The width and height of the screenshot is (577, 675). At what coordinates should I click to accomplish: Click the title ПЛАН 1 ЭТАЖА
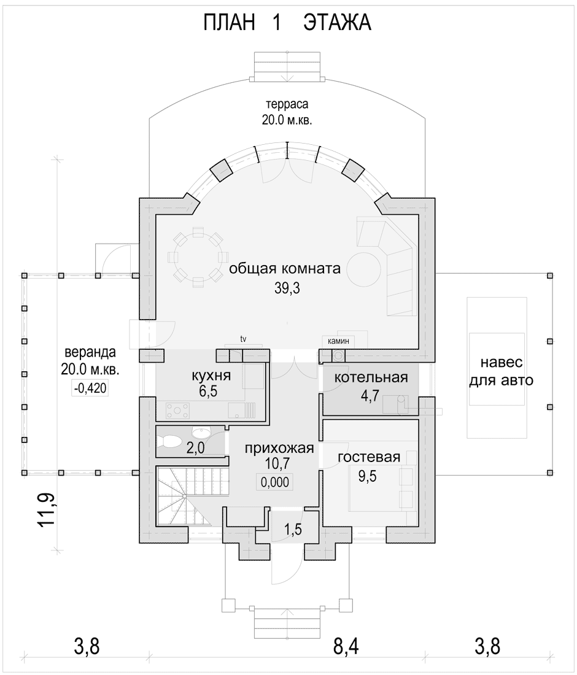pos(287,23)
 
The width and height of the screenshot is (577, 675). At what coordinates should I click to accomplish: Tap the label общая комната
pos(285,269)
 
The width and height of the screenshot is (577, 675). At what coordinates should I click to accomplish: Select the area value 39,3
pos(287,288)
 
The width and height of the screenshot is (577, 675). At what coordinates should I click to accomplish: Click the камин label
pos(338,341)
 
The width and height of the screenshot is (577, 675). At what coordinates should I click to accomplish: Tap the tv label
pos(243,339)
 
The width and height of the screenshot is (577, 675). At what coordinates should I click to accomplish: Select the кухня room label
pos(211,376)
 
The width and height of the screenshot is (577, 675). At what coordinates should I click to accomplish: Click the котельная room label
pos(371,377)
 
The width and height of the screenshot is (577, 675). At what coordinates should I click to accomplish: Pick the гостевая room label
pos(369,457)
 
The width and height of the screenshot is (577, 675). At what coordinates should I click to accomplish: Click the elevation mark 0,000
pos(275,482)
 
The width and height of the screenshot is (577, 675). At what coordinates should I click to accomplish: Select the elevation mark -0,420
pos(90,388)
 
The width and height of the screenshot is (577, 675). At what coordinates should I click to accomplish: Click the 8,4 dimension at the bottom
pos(346,646)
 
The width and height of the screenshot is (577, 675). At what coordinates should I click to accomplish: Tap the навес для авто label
pos(501,371)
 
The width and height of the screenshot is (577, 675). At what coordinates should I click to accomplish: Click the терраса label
pos(287,112)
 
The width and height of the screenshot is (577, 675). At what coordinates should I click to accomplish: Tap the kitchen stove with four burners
pos(177,410)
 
